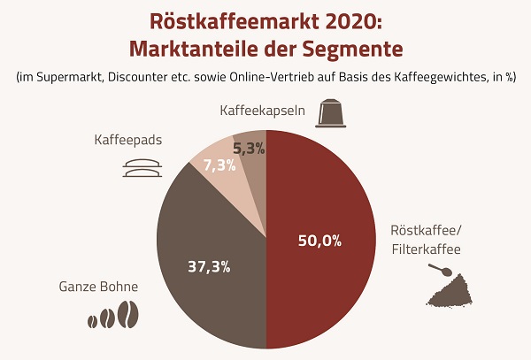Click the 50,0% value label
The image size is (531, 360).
320,240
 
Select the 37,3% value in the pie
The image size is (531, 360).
209,266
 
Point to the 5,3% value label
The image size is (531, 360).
249,150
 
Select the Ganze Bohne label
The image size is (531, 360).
98,287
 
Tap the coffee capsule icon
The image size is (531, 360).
332,111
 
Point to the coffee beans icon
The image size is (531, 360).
113,317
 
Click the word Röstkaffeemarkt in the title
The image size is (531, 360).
209,19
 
